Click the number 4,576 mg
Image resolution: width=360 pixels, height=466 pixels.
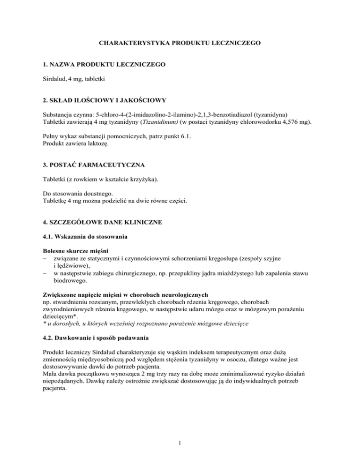[297, 123]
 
